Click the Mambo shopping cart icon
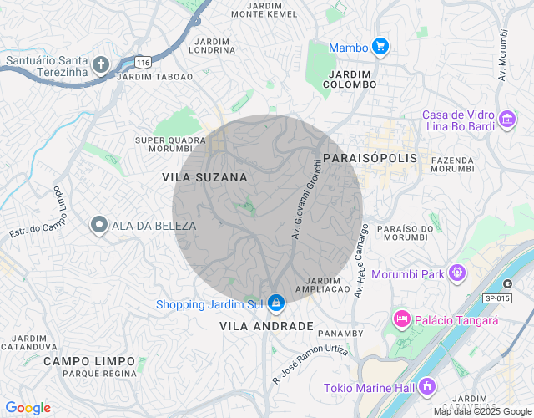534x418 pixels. click(x=380, y=47)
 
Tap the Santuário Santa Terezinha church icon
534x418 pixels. click(x=101, y=65)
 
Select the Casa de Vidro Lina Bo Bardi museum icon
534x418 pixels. click(x=506, y=120)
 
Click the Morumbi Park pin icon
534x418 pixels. click(x=456, y=273)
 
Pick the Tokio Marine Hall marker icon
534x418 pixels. click(x=428, y=386)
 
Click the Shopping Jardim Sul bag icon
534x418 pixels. click(x=276, y=303)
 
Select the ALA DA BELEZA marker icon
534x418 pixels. click(x=99, y=225)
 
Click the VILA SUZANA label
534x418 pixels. click(x=204, y=177)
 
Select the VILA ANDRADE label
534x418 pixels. click(x=266, y=325)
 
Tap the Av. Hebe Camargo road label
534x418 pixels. click(x=362, y=261)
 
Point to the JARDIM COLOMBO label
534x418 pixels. click(x=350, y=79)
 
